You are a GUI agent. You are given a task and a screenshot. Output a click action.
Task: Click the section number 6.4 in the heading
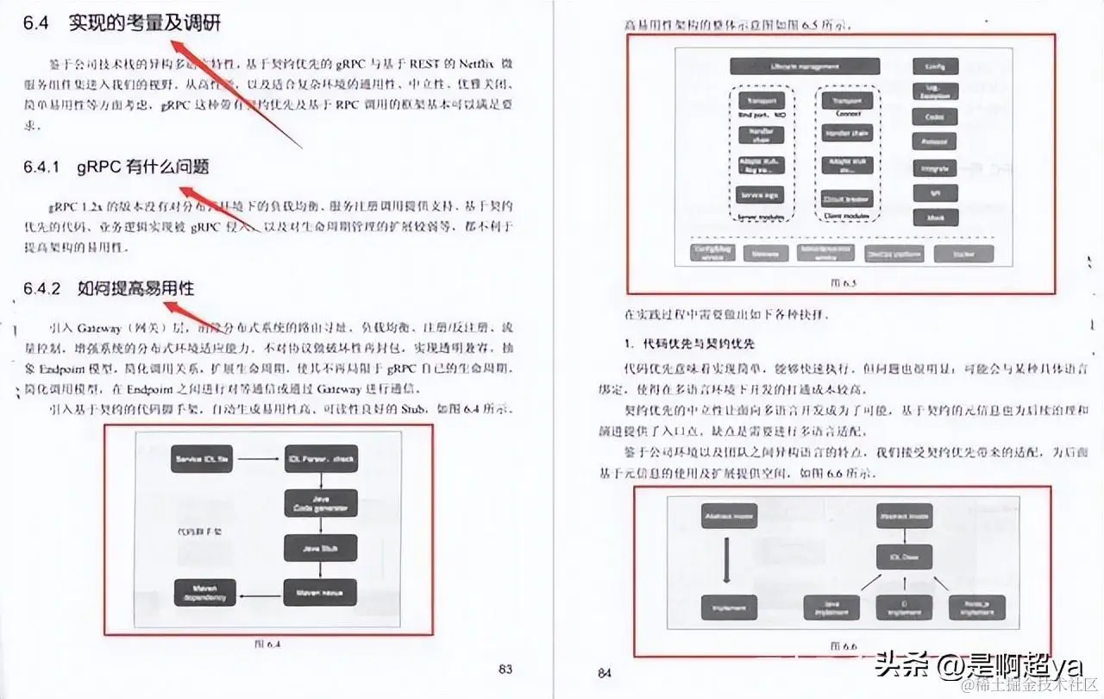tap(35, 24)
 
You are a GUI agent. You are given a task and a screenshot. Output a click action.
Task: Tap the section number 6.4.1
tap(41, 167)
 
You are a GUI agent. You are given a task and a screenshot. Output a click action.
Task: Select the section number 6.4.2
tap(41, 288)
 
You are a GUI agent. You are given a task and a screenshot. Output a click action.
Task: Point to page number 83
tap(505, 669)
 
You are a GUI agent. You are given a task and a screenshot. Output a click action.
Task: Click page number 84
tap(605, 672)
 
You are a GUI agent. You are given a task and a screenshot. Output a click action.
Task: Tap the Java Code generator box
tap(320, 503)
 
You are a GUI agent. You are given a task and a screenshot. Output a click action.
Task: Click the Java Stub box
tap(320, 547)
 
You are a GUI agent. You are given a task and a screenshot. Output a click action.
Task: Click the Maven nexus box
tap(320, 593)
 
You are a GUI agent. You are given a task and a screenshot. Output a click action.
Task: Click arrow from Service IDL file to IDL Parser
tap(260, 459)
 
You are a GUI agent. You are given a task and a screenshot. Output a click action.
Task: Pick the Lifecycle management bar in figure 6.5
tap(805, 66)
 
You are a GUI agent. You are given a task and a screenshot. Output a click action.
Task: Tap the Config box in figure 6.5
tap(935, 66)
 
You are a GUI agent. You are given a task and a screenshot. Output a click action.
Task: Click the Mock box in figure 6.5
tap(935, 218)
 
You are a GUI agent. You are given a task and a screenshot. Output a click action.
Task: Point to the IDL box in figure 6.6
tap(898, 557)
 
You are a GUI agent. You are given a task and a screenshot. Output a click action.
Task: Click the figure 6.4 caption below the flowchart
tap(268, 643)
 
